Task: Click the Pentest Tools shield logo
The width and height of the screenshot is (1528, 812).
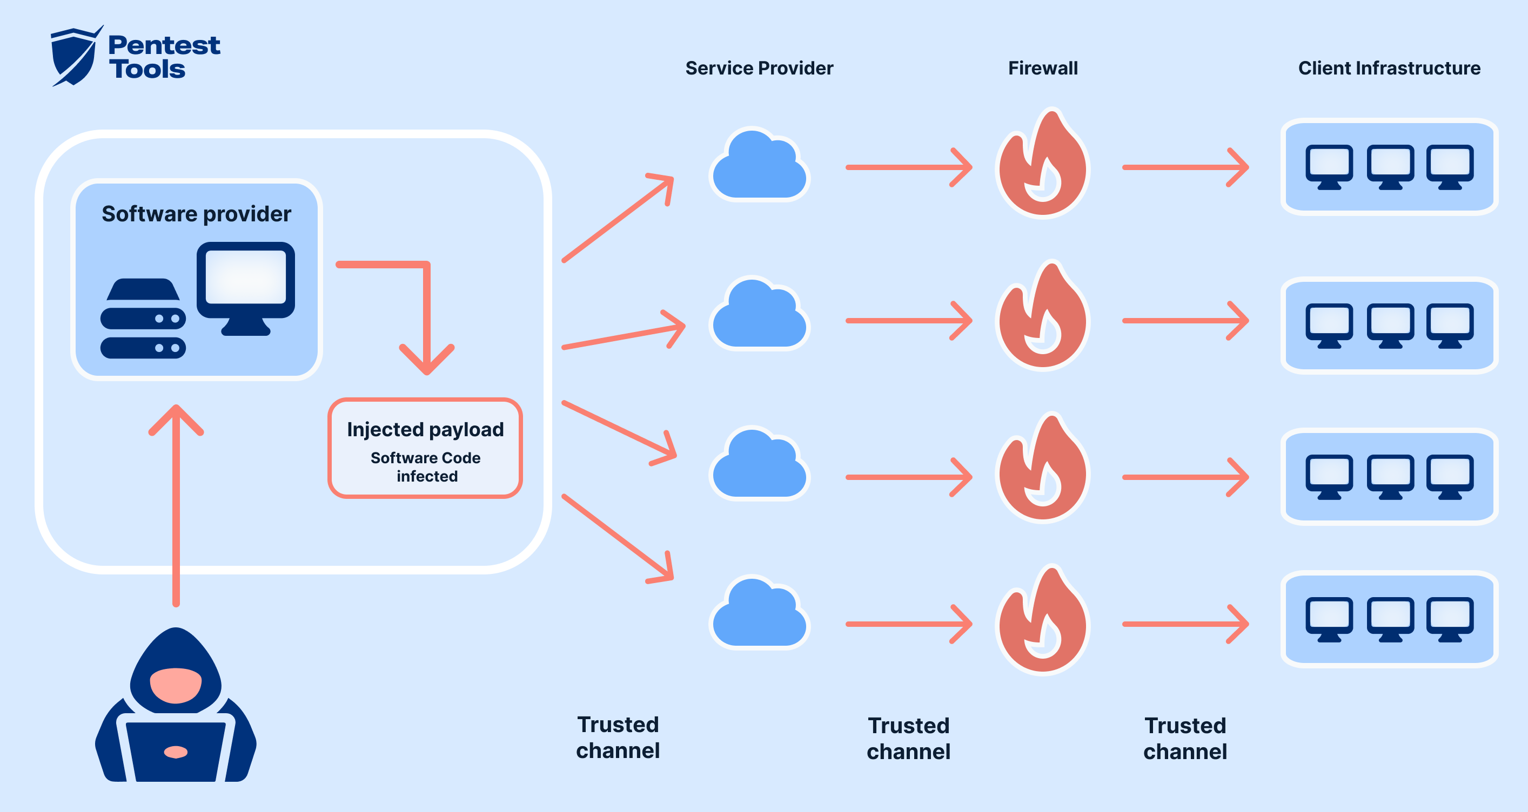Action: pos(75,57)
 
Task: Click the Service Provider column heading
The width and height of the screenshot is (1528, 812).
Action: pos(759,68)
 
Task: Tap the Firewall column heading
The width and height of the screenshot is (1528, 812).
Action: pos(1042,68)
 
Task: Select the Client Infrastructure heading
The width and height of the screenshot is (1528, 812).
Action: pos(1389,68)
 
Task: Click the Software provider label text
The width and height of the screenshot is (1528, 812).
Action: pos(196,214)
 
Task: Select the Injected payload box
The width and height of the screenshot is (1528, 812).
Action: pos(425,448)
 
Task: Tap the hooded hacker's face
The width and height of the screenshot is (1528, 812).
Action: pos(176,685)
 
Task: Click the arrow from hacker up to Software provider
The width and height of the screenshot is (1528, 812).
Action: pos(176,504)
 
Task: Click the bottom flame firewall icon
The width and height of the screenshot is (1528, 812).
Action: pos(1042,622)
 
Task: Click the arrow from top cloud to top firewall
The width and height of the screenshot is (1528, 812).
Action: pos(908,168)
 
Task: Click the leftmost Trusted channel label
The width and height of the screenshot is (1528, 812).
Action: pos(618,737)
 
